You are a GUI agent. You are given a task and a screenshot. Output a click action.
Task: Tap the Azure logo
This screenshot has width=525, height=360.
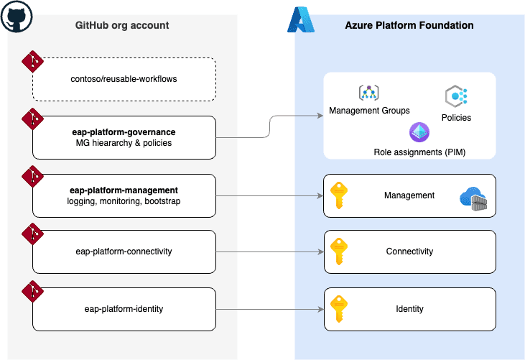click(x=301, y=20)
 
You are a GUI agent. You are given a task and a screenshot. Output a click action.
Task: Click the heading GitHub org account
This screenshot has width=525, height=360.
click(x=122, y=25)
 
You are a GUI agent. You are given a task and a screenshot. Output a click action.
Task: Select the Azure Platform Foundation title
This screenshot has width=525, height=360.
click(x=409, y=25)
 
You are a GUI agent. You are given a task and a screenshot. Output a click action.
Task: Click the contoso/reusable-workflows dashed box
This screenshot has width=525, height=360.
click(x=124, y=79)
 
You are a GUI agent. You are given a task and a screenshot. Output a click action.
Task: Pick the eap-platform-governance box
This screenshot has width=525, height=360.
click(x=124, y=137)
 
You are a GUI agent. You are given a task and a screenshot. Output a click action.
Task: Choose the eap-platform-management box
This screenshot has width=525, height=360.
click(x=124, y=195)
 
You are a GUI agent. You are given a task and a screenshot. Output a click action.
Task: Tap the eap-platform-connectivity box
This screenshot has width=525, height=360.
click(x=124, y=251)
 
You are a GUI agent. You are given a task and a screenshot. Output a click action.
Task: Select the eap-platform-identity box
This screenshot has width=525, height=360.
click(x=124, y=309)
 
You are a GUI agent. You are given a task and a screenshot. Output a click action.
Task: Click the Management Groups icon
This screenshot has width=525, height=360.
click(x=368, y=93)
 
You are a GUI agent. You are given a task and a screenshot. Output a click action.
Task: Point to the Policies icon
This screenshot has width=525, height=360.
click(x=456, y=96)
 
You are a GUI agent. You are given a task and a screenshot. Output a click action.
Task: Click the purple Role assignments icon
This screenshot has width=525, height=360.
click(x=419, y=133)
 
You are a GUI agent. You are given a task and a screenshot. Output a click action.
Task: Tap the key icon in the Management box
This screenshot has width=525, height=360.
click(x=339, y=195)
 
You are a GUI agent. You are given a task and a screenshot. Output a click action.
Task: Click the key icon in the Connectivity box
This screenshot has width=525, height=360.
click(x=339, y=251)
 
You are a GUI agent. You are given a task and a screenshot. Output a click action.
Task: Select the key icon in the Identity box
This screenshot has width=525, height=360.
click(x=339, y=309)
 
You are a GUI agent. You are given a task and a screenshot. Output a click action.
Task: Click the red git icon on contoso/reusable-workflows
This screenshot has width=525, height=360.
click(x=32, y=62)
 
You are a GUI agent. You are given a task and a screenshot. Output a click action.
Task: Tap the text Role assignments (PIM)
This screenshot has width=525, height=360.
click(x=419, y=152)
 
